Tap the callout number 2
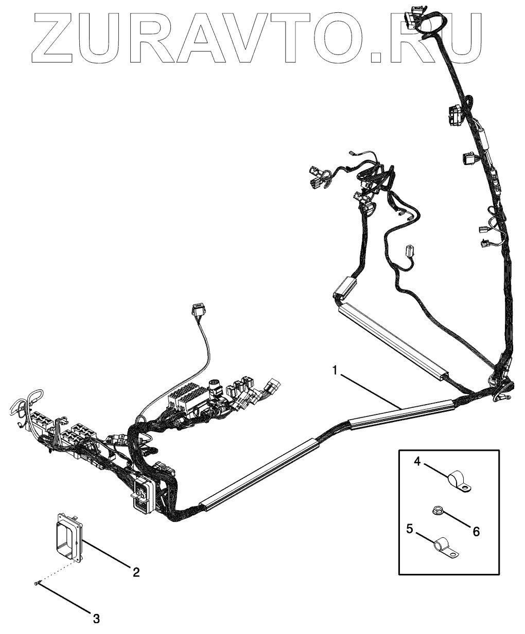click(x=136, y=572)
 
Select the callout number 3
click(x=96, y=619)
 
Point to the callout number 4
click(x=418, y=462)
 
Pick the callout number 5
click(x=410, y=529)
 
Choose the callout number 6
click(x=476, y=532)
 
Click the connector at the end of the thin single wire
click(x=196, y=310)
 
